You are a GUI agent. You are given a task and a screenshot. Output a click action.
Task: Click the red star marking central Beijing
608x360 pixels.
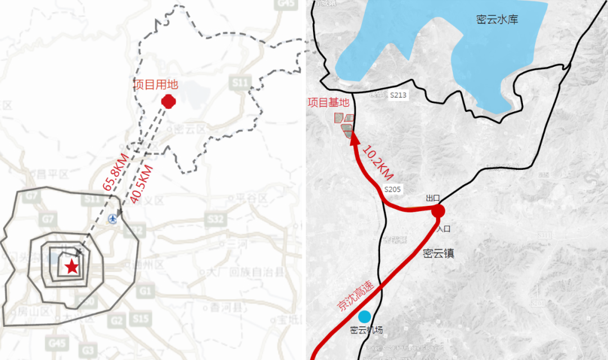71,267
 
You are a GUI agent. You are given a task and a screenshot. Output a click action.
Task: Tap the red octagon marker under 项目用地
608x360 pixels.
168,101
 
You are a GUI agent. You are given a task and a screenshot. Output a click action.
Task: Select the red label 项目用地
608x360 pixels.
155,84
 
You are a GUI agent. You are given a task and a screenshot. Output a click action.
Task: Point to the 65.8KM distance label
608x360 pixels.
115,171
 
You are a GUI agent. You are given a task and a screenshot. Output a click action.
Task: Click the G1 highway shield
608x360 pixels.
146,291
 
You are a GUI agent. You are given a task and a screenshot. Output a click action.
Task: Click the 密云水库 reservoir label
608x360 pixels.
497,20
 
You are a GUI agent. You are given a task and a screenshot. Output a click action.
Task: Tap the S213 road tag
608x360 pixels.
398,96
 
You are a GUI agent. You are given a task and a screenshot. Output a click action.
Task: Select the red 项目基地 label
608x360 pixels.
328,103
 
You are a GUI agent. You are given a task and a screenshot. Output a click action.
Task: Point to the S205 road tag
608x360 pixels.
392,190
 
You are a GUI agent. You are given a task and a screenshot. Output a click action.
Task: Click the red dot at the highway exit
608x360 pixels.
439,211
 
